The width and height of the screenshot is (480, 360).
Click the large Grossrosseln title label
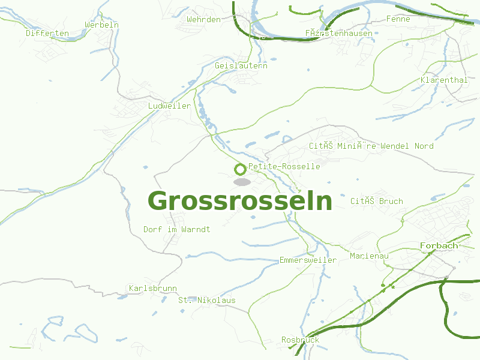tap(240, 201)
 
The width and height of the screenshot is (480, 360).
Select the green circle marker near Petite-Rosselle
tap(240, 169)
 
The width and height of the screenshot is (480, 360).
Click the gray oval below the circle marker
tap(242, 181)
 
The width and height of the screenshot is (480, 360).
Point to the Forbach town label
tap(439, 245)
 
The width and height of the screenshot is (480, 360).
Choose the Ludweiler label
tap(169, 106)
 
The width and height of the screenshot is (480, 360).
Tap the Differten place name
tap(47, 33)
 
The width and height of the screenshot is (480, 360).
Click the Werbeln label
tap(101, 25)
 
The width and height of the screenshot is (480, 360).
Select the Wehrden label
tap(203, 19)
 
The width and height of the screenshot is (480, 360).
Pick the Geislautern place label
tap(241, 65)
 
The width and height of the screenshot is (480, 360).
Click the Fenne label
tap(398, 19)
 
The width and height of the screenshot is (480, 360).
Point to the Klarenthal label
tap(444, 80)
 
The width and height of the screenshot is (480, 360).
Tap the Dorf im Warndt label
tap(177, 229)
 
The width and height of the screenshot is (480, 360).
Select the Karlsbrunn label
tap(152, 288)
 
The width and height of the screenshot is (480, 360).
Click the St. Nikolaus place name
tap(207, 300)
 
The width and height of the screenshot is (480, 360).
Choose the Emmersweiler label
tap(308, 260)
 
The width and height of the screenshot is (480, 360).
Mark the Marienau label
tap(369, 256)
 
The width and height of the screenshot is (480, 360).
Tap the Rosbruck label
tap(300, 340)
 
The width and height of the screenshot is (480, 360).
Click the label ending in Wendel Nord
tap(371, 146)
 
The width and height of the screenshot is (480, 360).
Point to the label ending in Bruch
tap(377, 201)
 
